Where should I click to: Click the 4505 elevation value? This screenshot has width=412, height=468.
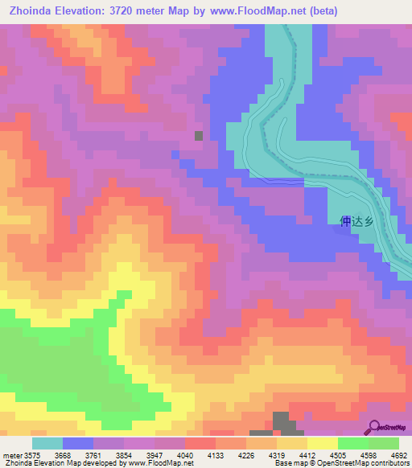click(337, 454)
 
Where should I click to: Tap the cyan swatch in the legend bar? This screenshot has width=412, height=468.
click(47, 443)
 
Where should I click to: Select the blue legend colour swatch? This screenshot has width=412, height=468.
click(78, 443)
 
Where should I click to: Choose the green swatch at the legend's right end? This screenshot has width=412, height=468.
click(384, 443)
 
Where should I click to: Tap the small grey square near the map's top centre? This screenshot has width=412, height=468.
click(199, 135)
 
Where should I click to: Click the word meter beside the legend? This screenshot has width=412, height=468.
click(12, 454)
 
